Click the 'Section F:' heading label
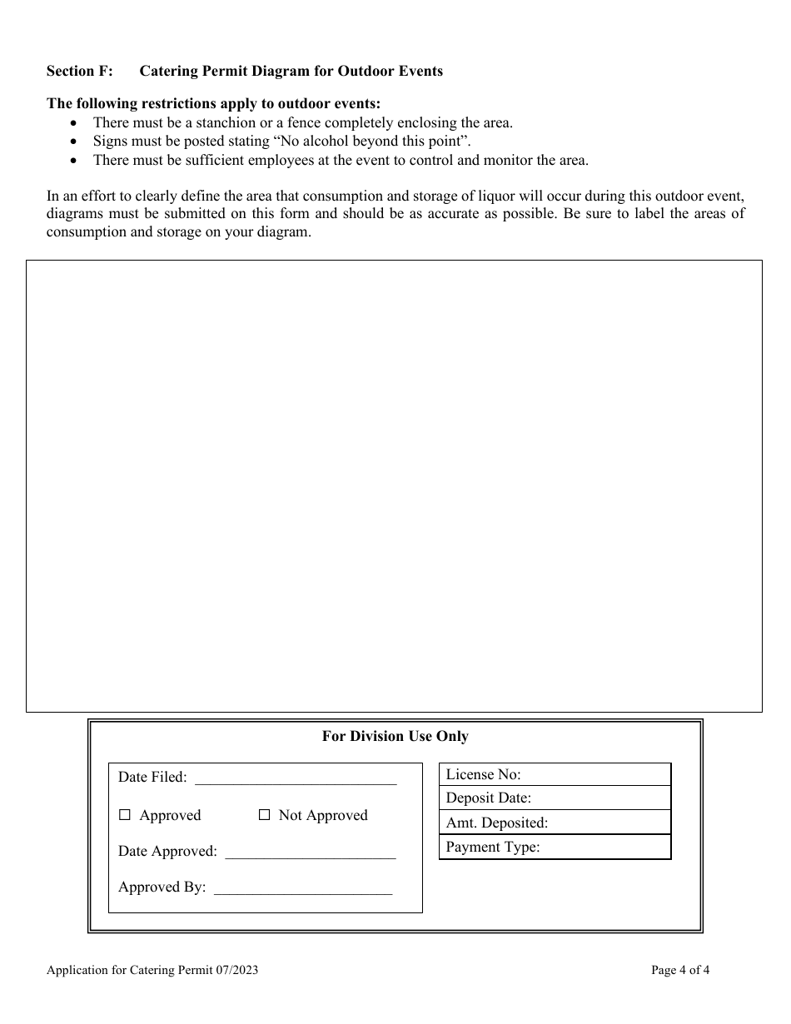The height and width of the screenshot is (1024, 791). pos(80,71)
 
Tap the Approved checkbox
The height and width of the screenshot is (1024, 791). pos(125,816)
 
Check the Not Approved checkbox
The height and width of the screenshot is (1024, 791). pos(265,816)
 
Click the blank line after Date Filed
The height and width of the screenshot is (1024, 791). pos(295,779)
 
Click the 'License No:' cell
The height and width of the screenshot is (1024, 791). pos(555,775)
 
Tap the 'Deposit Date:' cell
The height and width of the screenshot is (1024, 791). pos(555,798)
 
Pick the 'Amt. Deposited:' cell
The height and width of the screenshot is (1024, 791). pos(555,823)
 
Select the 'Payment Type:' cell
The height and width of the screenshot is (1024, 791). pos(555,848)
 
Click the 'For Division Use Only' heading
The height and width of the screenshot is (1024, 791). pos(395,736)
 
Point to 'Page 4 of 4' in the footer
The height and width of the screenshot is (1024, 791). pos(680,969)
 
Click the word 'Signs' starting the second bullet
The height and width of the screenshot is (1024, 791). pos(109,142)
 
